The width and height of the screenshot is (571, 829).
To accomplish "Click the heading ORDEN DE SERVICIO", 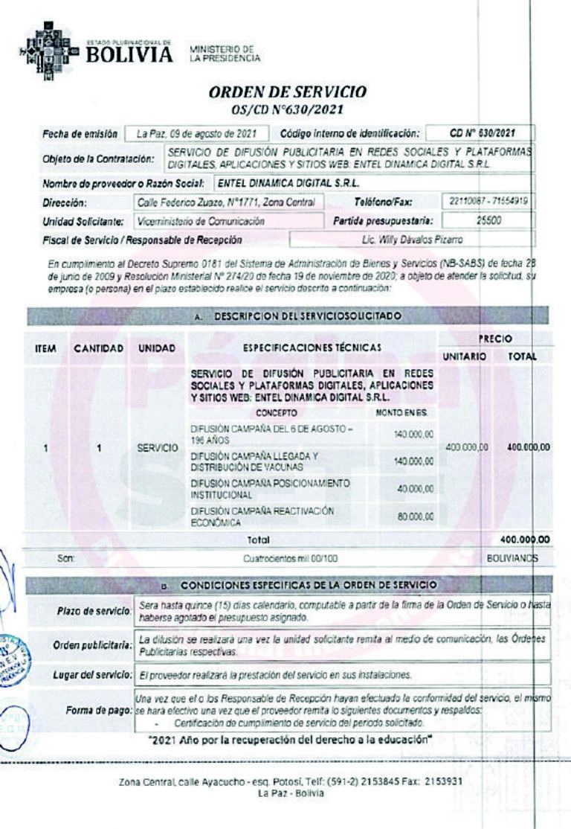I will (x=287, y=92).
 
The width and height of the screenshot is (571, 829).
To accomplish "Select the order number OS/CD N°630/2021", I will (x=287, y=109).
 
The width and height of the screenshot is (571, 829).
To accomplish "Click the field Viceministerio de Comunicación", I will (x=201, y=221).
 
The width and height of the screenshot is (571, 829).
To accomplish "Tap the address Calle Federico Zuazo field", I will (x=226, y=202).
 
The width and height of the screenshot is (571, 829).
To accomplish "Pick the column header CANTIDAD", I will (x=97, y=348).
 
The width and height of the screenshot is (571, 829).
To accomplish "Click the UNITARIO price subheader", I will (x=465, y=357).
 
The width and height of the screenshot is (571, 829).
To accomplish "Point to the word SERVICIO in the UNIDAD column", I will (x=157, y=449).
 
